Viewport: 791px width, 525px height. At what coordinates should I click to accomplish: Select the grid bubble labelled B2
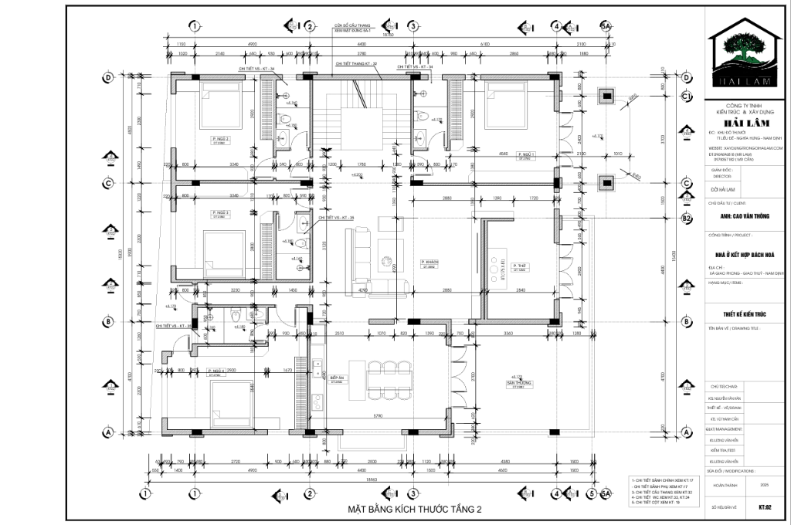[x=685, y=218]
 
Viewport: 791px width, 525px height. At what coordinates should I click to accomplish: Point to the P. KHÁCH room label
[x=429, y=263]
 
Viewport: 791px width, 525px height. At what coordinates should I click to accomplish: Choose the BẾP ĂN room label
[x=336, y=379]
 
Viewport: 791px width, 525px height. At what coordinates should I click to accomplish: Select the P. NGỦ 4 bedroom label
[x=219, y=372]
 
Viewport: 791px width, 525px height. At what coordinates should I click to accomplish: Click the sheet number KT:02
[x=766, y=507]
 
